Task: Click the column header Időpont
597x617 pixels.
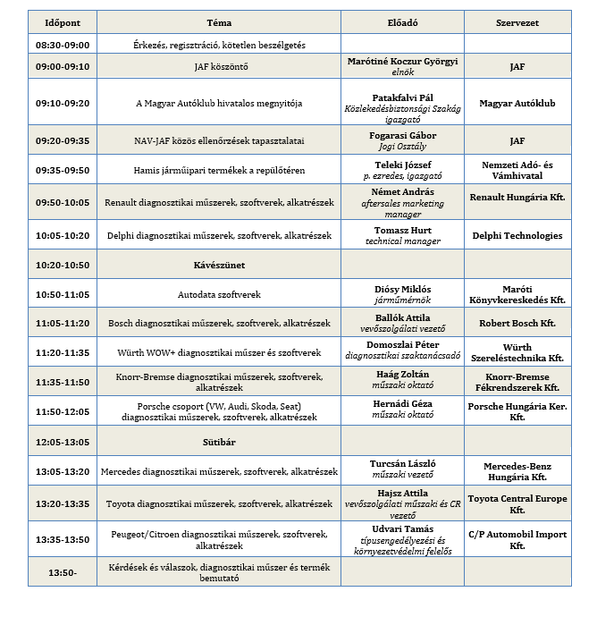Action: coord(62,22)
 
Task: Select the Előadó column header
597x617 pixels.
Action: coord(401,22)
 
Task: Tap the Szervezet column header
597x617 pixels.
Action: coord(517,22)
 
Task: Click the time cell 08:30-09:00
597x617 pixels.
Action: coord(62,44)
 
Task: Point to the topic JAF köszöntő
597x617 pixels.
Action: coord(219,66)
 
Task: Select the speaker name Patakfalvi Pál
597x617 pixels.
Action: coord(401,97)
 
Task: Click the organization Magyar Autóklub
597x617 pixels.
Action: coord(517,104)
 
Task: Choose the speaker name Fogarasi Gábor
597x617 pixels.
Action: coord(401,135)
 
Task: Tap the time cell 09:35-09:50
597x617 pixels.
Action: coord(62,170)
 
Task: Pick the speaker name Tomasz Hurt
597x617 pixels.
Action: coord(401,230)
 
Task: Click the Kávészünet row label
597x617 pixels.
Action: coord(219,266)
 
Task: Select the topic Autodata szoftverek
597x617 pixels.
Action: coord(219,293)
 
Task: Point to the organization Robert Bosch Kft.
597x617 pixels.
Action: coord(517,323)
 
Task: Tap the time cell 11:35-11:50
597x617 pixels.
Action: coord(62,382)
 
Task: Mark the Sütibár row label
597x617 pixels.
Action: coord(219,442)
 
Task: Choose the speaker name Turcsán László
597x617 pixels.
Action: coord(401,464)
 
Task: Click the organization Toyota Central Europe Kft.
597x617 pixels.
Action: coord(517,503)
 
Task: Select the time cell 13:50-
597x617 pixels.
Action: coord(62,572)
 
